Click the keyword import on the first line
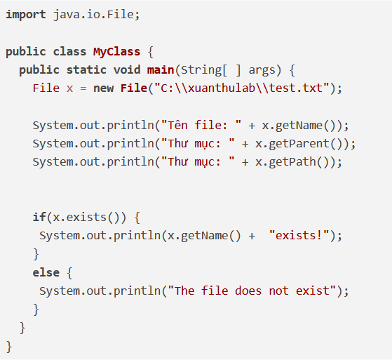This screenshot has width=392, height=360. [26, 15]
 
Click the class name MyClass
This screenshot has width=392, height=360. [116, 52]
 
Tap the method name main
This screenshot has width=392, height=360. [161, 69]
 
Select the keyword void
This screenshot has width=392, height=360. [127, 69]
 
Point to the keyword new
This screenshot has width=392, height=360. [104, 88]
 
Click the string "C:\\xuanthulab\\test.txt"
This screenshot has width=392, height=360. [242, 88]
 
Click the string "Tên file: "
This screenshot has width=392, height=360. [201, 125]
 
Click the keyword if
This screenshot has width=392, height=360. [39, 217]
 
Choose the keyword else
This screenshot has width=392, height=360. [46, 272]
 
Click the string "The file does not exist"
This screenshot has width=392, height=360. [252, 291]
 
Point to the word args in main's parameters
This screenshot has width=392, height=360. [262, 70]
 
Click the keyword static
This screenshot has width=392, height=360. [86, 69]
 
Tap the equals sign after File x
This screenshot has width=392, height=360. [83, 88]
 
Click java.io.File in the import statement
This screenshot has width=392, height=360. [94, 15]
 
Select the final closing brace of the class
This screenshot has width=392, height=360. [9, 347]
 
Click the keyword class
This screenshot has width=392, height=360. [69, 51]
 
